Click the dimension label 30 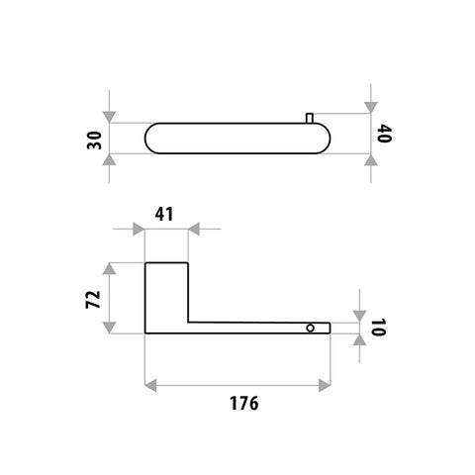click(94, 141)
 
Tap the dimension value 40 click(384, 134)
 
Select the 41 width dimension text click(164, 215)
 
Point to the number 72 click(93, 299)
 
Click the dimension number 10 click(378, 328)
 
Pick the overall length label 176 click(244, 403)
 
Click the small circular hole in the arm click(310, 328)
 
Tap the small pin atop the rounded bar click(310, 118)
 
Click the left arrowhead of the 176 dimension click(150, 385)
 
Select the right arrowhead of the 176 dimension click(325, 385)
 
